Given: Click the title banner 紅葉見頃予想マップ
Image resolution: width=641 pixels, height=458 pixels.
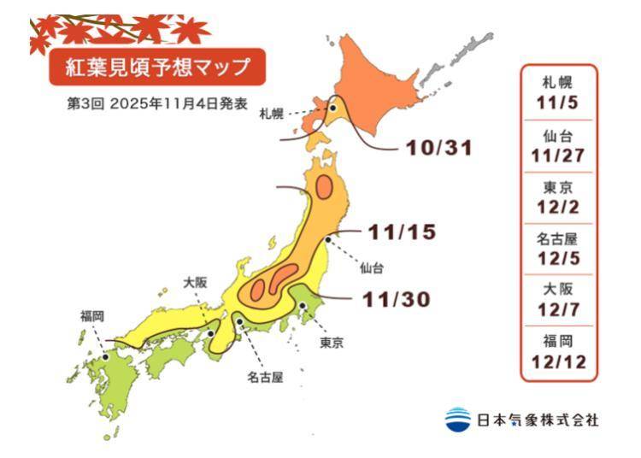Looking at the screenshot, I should pos(155,66).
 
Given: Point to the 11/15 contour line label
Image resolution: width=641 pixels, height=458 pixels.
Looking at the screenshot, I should pos(403,231).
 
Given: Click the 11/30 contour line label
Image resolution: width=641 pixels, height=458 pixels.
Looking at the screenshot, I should pos(395,299).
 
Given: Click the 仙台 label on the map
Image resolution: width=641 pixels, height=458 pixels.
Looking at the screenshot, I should pos(372,267).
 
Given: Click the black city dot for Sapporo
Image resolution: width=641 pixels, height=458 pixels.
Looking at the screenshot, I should pos(332,109).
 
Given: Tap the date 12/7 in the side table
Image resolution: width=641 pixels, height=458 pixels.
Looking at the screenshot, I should pos(559,310).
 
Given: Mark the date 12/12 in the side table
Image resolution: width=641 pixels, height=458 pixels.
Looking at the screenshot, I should pos(559,361).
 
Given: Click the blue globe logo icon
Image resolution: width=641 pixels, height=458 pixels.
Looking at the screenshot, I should pos(458,419).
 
